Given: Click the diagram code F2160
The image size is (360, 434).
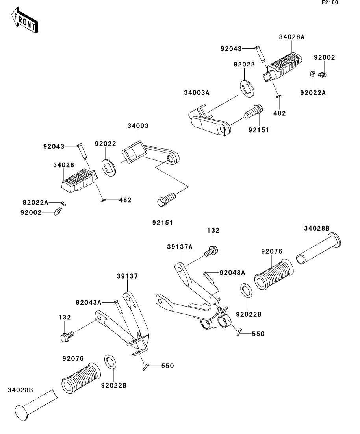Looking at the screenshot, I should (x=330, y=3).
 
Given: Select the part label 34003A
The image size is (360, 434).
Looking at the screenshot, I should (x=197, y=93).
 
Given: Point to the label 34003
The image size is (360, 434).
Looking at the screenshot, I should (x=138, y=126).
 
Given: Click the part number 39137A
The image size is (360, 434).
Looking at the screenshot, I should (x=179, y=247).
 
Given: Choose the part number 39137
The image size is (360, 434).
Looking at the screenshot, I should (x=127, y=277).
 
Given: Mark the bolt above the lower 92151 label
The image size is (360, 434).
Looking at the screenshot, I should (x=165, y=199).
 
